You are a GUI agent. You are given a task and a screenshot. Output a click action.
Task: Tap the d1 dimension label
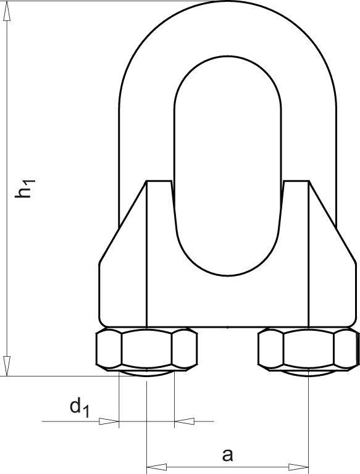(x=78, y=408)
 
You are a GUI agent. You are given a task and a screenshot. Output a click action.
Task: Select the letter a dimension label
(x=227, y=455)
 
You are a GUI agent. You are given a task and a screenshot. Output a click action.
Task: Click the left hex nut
(x=147, y=349)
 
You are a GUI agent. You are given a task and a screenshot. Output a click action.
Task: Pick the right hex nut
(x=308, y=349)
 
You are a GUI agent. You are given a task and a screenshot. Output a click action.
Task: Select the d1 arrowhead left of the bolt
(x=110, y=422)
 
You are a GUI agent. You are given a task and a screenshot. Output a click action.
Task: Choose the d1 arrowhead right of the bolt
(x=184, y=422)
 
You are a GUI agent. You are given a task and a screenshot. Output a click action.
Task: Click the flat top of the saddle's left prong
(x=159, y=181)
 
